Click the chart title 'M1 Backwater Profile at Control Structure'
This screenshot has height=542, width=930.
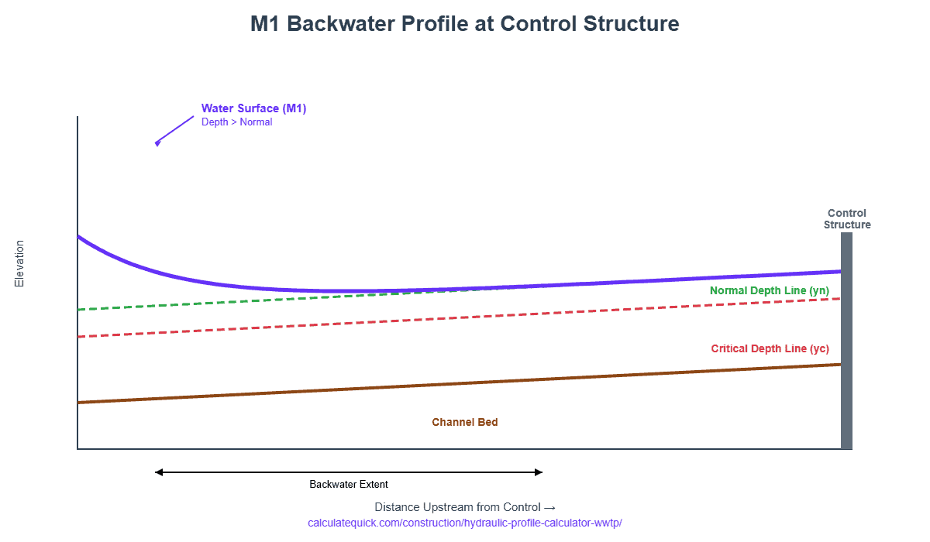coord(464,24)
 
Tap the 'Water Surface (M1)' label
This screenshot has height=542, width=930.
coord(253,108)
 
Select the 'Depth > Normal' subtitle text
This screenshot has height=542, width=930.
coord(236,122)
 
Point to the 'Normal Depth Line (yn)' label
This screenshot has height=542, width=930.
coord(769,290)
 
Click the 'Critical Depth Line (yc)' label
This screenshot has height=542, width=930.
coord(770,348)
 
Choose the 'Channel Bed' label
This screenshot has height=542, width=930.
coord(464,423)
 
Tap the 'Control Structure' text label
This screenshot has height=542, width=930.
coord(846,219)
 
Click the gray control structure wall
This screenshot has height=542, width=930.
coord(846,348)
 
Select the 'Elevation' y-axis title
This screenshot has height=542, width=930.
coord(20,263)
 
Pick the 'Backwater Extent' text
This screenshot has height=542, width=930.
coord(349,485)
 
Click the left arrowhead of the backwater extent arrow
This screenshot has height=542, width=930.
coord(158,472)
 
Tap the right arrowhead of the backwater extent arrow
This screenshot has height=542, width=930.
coord(539,472)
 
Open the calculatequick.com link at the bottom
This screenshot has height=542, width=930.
coord(464,523)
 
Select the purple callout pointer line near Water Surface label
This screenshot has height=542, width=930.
coord(175,129)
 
